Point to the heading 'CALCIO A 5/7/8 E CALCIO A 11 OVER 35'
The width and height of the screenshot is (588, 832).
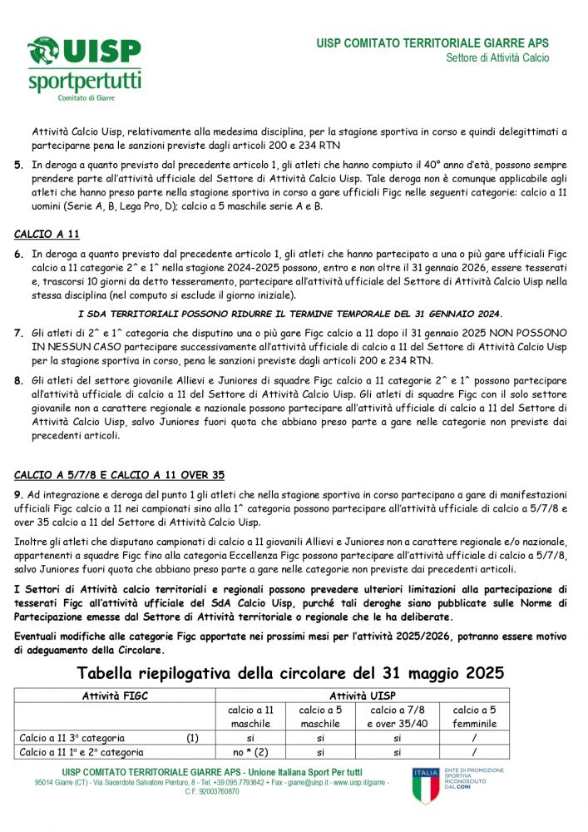119,475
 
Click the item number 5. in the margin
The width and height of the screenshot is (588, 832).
18,166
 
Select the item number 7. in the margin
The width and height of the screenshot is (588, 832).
18,333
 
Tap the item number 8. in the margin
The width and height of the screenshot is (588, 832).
18,380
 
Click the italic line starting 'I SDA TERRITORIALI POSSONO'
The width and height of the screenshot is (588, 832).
290,314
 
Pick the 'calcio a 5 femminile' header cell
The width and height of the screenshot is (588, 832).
474,716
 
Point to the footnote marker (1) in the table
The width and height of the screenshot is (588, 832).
192,737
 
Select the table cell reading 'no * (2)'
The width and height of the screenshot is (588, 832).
250,751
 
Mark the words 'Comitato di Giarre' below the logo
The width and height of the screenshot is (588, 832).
86,98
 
